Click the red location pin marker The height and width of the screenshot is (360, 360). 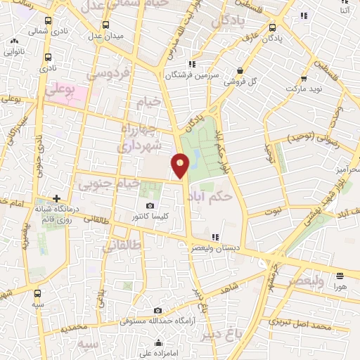[x=181, y=166]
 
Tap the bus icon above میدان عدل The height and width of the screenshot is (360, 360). [x=105, y=25]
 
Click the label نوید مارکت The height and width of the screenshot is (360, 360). [x=304, y=90]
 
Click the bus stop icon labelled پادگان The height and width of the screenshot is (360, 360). [x=272, y=28]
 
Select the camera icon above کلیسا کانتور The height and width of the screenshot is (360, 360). [x=150, y=205]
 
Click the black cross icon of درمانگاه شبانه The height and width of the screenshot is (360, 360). [x=56, y=199]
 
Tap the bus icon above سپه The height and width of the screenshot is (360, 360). [x=38, y=293]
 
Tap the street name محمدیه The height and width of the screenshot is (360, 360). [x=74, y=328]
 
